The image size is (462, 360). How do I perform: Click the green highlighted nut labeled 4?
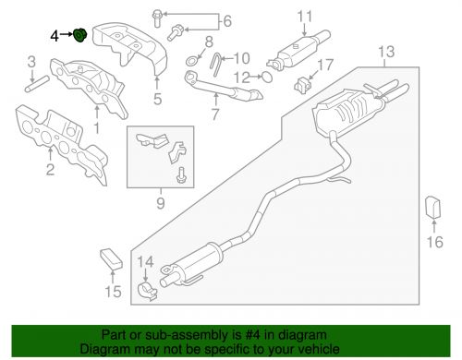[x=80, y=36]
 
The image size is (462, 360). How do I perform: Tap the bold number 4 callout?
[x=55, y=36]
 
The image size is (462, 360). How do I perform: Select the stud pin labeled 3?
[x=37, y=84]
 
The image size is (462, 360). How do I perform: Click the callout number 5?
[x=157, y=99]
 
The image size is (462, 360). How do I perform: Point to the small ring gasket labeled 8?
[x=191, y=61]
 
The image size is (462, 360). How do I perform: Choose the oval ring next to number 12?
[x=267, y=77]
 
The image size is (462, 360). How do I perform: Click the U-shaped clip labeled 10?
[x=215, y=64]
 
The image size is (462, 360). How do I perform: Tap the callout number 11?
[x=305, y=17]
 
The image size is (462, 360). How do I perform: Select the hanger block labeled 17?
[x=303, y=84]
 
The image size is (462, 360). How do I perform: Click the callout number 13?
[x=386, y=52]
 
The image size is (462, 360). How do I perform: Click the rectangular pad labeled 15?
[x=111, y=258]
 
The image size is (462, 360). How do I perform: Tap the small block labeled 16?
[x=433, y=207]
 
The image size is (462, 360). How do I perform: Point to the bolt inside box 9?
[x=180, y=175]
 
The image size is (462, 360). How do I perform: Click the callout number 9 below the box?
[x=161, y=203]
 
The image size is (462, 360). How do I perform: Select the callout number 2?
[x=50, y=169]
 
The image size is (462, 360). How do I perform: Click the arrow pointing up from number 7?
[x=216, y=100]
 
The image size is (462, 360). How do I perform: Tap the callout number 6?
[x=227, y=21]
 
